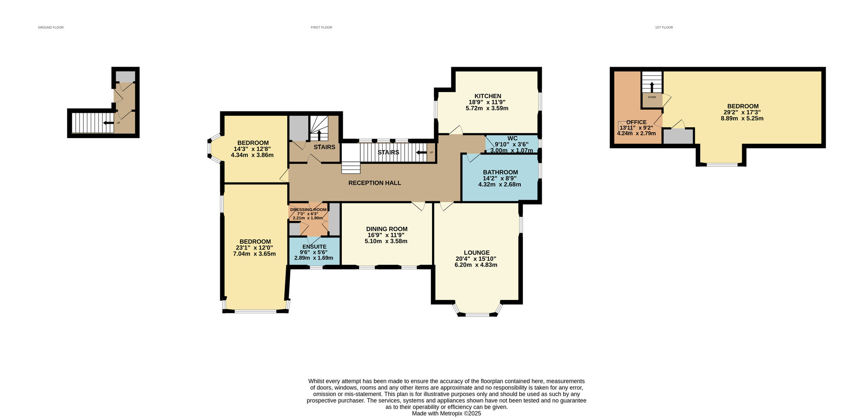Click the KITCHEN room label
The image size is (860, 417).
coord(488,96)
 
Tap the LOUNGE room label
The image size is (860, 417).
coord(476,253)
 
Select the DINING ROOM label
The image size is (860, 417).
coord(387,229)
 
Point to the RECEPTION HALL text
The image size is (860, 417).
coord(375,183)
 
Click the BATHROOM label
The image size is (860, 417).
coord(500,172)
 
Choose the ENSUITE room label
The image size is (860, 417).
coord(314,247)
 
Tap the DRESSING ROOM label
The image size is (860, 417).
coord(308,210)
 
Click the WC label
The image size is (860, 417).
coord(512,139)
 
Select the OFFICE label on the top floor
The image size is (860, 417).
coord(636,122)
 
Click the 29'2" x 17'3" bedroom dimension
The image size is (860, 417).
coord(743,112)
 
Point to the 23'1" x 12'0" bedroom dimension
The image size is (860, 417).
coord(254,248)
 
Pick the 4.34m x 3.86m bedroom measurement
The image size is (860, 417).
coord(252,155)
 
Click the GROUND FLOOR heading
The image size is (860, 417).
coord(51,28)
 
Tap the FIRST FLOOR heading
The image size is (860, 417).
coord(321,28)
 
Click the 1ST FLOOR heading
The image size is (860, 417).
coord(664,28)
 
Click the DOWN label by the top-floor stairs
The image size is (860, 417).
coord(652,97)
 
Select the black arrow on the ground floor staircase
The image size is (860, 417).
coord(108,123)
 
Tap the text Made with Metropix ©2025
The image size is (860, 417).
coord(446,414)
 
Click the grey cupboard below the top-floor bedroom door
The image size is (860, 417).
coord(678,136)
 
